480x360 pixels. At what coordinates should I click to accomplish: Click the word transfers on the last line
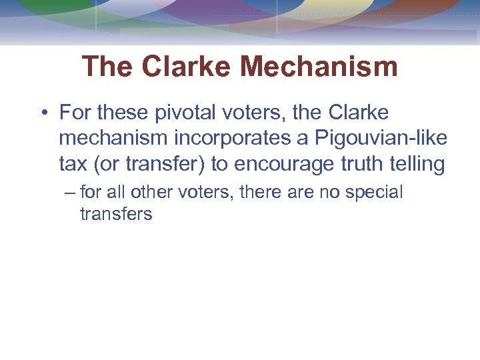tap(116, 214)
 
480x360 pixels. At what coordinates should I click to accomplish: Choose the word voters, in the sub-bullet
tap(196, 193)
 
